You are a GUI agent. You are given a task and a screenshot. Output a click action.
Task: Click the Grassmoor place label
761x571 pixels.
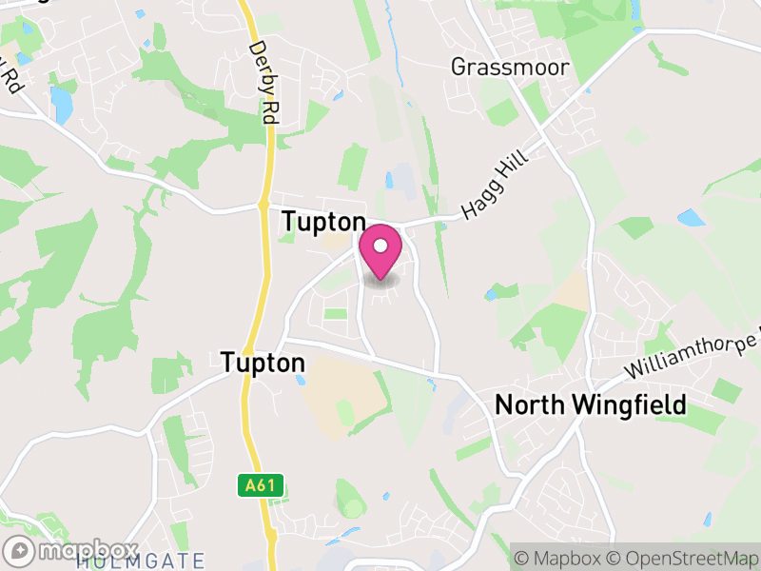[509, 68]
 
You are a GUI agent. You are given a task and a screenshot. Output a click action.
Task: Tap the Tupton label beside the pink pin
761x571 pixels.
[322, 222]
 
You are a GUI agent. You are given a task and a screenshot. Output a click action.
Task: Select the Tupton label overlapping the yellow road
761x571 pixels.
[263, 363]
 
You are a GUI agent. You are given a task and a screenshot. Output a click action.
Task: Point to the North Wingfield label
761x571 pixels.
[590, 405]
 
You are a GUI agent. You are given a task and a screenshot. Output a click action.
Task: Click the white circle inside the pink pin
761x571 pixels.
[380, 246]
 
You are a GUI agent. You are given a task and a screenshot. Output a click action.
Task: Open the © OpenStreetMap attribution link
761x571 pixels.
[685, 557]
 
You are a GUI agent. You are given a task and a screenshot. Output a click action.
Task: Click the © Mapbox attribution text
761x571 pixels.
[559, 557]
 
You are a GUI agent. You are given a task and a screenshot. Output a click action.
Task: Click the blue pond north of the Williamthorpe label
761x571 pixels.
[692, 218]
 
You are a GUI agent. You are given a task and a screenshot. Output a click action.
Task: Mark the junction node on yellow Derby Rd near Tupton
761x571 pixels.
[263, 205]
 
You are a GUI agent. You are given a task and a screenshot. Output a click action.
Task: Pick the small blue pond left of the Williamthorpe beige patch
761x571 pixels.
[491, 294]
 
